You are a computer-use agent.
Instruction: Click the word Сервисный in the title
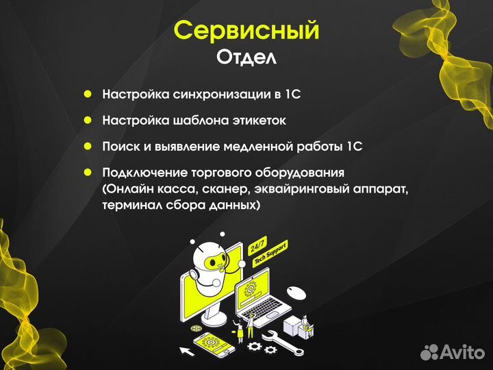click(246, 32)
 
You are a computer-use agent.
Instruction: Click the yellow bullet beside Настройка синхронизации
click(88, 95)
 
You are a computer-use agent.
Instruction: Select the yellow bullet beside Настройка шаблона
click(88, 120)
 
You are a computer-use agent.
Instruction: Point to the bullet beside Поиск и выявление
click(88, 146)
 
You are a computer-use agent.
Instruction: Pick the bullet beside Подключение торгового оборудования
click(88, 172)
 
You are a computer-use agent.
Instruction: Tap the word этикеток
click(259, 120)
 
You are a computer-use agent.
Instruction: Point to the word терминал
click(129, 205)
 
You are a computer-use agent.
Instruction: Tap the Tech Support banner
click(270, 254)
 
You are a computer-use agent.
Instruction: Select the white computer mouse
click(296, 293)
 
